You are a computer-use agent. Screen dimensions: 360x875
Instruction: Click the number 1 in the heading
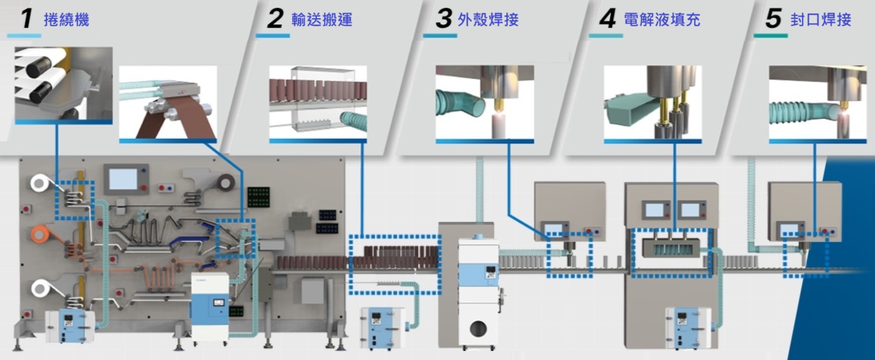(26, 18)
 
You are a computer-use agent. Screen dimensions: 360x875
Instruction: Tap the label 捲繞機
(66, 19)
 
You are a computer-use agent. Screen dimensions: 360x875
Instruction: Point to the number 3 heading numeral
(443, 19)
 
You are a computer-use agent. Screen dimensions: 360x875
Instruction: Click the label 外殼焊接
(488, 19)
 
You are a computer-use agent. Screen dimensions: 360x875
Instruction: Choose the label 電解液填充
(662, 19)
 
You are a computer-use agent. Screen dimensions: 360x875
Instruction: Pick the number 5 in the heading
(774, 19)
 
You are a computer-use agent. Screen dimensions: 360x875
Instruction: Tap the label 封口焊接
(821, 19)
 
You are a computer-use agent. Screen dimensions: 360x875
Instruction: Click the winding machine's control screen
(123, 179)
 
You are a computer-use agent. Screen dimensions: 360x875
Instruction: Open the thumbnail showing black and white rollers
(63, 83)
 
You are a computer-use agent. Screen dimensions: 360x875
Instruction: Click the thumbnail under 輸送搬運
(318, 103)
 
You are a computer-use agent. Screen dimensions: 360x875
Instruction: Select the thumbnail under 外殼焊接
(484, 103)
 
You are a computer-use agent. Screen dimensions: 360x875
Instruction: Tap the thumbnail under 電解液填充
(653, 103)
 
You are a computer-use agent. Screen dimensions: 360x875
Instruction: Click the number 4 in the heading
(607, 19)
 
